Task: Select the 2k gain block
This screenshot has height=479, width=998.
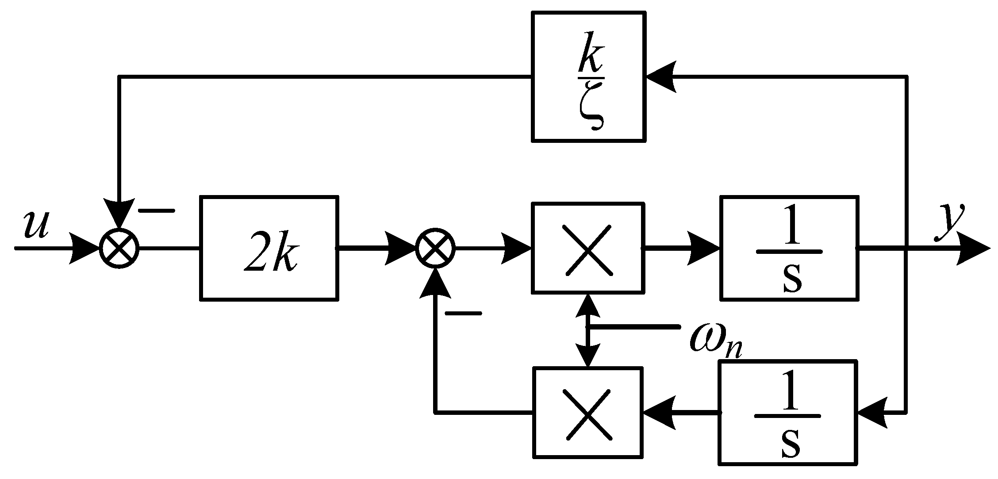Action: [269, 249]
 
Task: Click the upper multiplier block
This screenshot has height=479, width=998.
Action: [587, 248]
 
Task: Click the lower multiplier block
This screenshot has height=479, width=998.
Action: [587, 413]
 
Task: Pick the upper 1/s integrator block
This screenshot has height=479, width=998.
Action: [789, 249]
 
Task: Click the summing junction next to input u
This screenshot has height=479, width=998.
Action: [119, 248]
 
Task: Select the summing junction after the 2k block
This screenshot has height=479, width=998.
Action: [436, 248]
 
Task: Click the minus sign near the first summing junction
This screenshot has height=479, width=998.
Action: [157, 211]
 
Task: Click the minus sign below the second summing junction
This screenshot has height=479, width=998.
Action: [463, 313]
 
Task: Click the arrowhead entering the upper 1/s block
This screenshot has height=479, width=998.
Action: [703, 249]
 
